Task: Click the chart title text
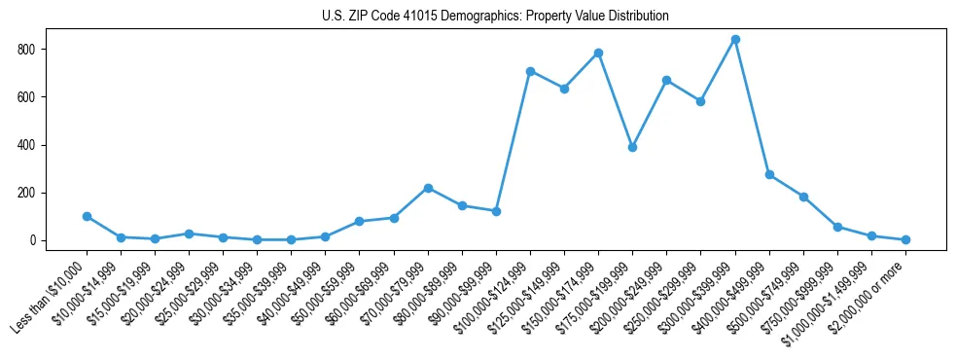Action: coord(495,16)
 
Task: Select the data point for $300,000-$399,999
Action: coord(735,40)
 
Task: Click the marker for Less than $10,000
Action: coord(87,216)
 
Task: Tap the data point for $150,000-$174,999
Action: coord(598,53)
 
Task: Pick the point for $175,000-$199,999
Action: coord(632,147)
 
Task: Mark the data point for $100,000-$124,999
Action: coord(530,71)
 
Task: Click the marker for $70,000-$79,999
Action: coord(428,188)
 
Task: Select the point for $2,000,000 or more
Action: coord(905,239)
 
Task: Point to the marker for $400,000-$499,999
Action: coord(769,175)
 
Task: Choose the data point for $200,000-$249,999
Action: coord(666,80)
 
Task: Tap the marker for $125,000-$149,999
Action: coord(564,89)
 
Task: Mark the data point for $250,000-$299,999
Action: coord(700,101)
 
